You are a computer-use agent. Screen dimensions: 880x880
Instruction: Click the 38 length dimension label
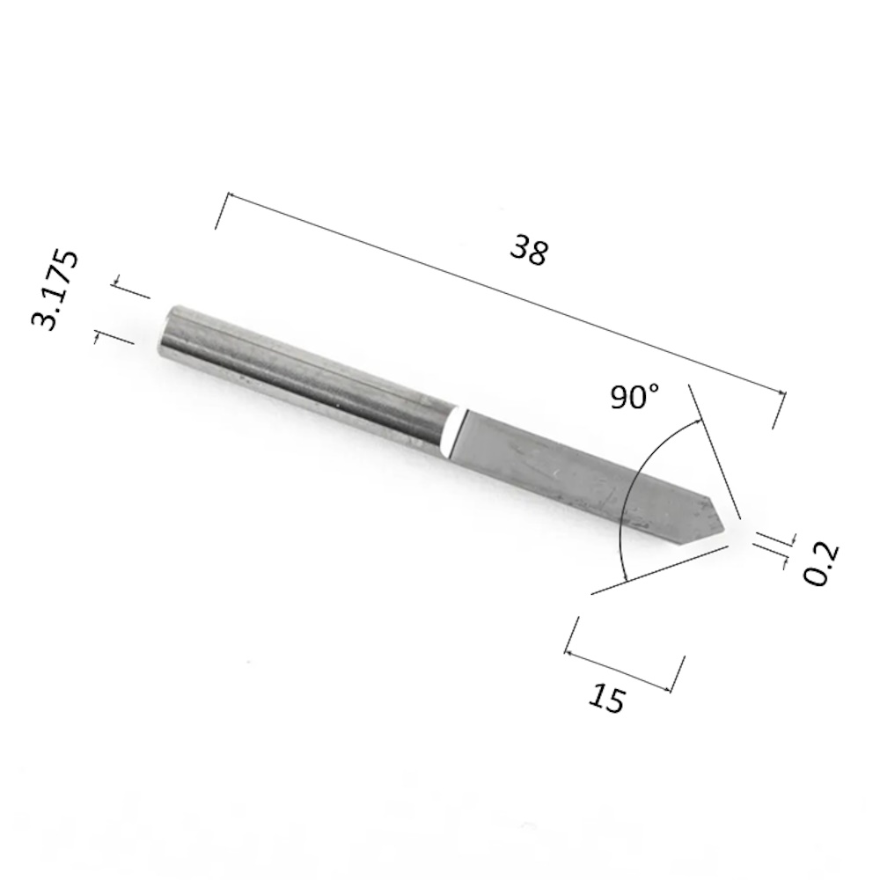(529, 250)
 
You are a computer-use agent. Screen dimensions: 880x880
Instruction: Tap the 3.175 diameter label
(55, 290)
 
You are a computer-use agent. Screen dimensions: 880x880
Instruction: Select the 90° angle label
(634, 396)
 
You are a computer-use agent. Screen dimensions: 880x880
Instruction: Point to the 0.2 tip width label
(820, 563)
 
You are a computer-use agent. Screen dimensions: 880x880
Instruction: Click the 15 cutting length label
(606, 699)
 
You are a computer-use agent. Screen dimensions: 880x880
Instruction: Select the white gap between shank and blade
(455, 432)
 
